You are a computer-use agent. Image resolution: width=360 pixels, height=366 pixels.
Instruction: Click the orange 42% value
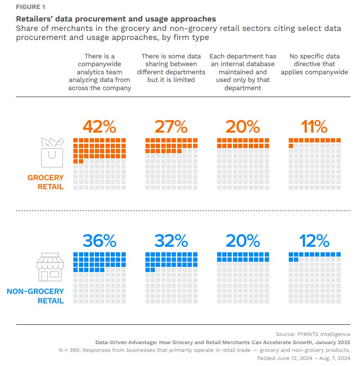pos(99,127)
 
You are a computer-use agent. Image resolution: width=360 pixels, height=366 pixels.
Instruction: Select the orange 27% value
pos(171,127)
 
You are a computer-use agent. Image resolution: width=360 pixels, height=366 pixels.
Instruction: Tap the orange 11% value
pos(315,127)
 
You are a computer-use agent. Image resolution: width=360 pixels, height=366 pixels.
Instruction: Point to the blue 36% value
pos(99,241)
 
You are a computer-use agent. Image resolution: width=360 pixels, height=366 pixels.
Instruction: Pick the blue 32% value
pos(171,241)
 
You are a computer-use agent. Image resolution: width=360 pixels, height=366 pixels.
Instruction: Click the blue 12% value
pos(315,241)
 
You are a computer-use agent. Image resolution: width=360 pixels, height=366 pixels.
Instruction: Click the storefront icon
pos(48,267)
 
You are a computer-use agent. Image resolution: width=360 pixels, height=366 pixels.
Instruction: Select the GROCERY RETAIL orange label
pos(45,182)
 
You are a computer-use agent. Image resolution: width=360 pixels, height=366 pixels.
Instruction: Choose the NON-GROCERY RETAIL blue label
pos(35,296)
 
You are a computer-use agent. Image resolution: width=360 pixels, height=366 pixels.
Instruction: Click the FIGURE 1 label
pos(30,7)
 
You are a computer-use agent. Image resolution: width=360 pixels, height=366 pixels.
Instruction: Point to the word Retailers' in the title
pos(33,19)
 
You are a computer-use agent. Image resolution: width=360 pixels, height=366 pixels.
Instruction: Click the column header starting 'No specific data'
pos(315,64)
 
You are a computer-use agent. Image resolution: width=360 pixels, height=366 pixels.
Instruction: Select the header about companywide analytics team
pos(100,72)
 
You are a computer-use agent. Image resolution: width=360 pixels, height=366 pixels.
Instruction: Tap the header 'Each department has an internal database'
pos(243,72)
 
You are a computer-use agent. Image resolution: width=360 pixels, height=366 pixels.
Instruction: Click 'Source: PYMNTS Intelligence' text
pos(313,334)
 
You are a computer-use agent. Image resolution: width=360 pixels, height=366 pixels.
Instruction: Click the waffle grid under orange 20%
pos(243,164)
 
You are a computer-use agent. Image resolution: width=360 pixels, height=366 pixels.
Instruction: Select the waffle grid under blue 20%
pos(243,278)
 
